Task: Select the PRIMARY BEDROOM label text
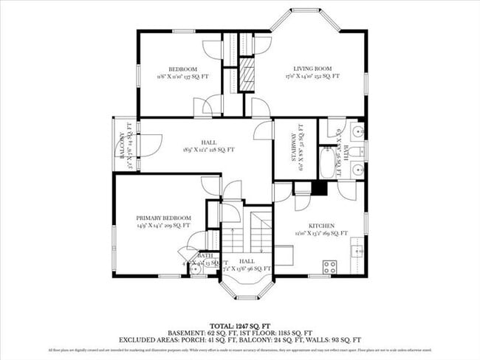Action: coord(164,218)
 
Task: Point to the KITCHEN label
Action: coord(321,226)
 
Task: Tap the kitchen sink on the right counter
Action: coord(358,251)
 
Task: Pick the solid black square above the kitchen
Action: coord(319,188)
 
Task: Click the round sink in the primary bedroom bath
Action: coord(196,270)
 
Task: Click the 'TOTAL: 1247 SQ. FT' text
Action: coord(240,325)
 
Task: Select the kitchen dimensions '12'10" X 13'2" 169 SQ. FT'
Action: coord(321,234)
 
